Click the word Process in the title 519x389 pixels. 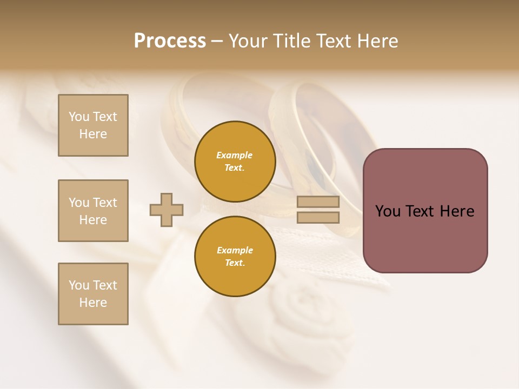[170, 41]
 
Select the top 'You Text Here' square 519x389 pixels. [93, 125]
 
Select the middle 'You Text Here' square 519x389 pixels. [93, 211]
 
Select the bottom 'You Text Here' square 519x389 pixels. [93, 294]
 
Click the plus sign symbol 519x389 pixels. [167, 210]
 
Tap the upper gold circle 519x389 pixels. [235, 162]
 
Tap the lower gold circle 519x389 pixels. [235, 257]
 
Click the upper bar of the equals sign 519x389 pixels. [318, 202]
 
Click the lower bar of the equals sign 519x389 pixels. [318, 217]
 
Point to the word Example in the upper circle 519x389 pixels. [235, 155]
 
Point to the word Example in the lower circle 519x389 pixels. [235, 250]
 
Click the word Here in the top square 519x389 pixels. [93, 134]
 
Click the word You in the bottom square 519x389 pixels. [79, 285]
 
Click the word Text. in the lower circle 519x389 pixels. [235, 263]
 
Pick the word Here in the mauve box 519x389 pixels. [457, 211]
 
